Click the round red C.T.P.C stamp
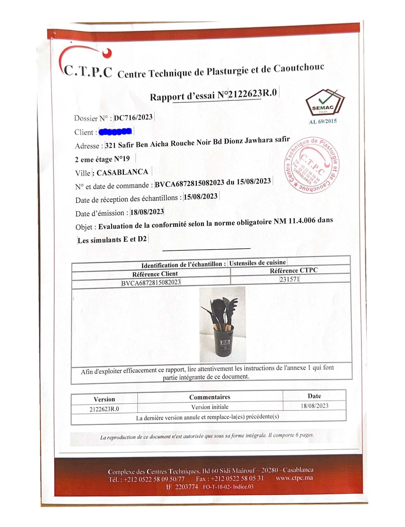(x=312, y=166)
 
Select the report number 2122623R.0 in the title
(x=253, y=93)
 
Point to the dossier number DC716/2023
(x=133, y=117)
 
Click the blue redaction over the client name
(x=115, y=131)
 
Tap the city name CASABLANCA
(x=122, y=172)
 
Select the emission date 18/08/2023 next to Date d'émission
(x=147, y=212)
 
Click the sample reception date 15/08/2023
(x=201, y=197)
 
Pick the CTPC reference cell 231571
(x=289, y=279)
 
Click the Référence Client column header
(x=155, y=274)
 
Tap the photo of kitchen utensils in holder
(x=223, y=325)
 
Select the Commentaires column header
(x=210, y=397)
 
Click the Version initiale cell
(x=210, y=407)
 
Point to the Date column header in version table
(x=314, y=396)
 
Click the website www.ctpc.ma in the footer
(x=294, y=478)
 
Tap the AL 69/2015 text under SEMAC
(x=323, y=121)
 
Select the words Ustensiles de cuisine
(x=258, y=263)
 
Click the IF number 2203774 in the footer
(x=186, y=487)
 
